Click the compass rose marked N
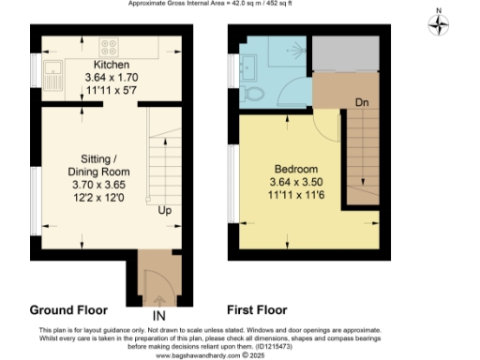pos(439,25)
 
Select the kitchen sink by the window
pos(54,72)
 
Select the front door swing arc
pos(154,277)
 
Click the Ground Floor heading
pos(68,309)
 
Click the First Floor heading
pos(257,309)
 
